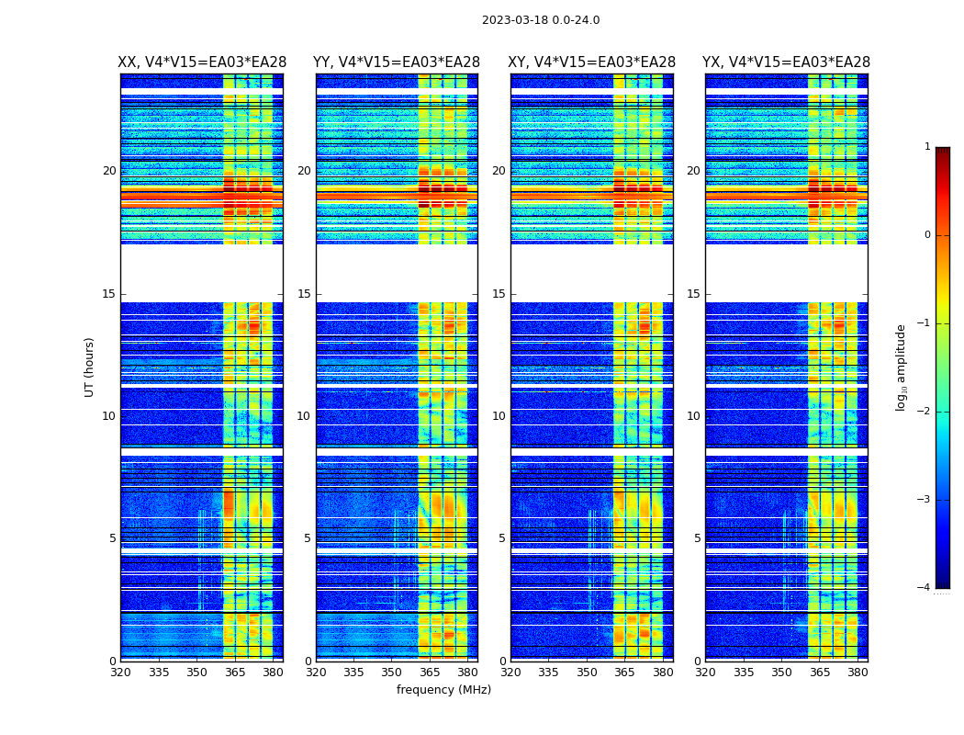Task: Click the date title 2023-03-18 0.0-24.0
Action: (541, 20)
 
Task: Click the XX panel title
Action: (202, 62)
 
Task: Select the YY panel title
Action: (397, 62)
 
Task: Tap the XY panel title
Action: (592, 62)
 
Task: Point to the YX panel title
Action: (786, 62)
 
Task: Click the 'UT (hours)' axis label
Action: (89, 367)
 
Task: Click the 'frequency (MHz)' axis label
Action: (443, 690)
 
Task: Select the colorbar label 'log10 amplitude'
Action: (902, 367)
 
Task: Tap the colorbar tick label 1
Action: (926, 147)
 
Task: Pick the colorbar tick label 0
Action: (926, 235)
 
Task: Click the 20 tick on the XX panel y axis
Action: (109, 171)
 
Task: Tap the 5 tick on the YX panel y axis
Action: (697, 538)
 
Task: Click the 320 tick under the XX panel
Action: (120, 673)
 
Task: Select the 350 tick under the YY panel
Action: (392, 673)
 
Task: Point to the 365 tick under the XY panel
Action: (624, 673)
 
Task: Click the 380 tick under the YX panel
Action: (858, 673)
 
